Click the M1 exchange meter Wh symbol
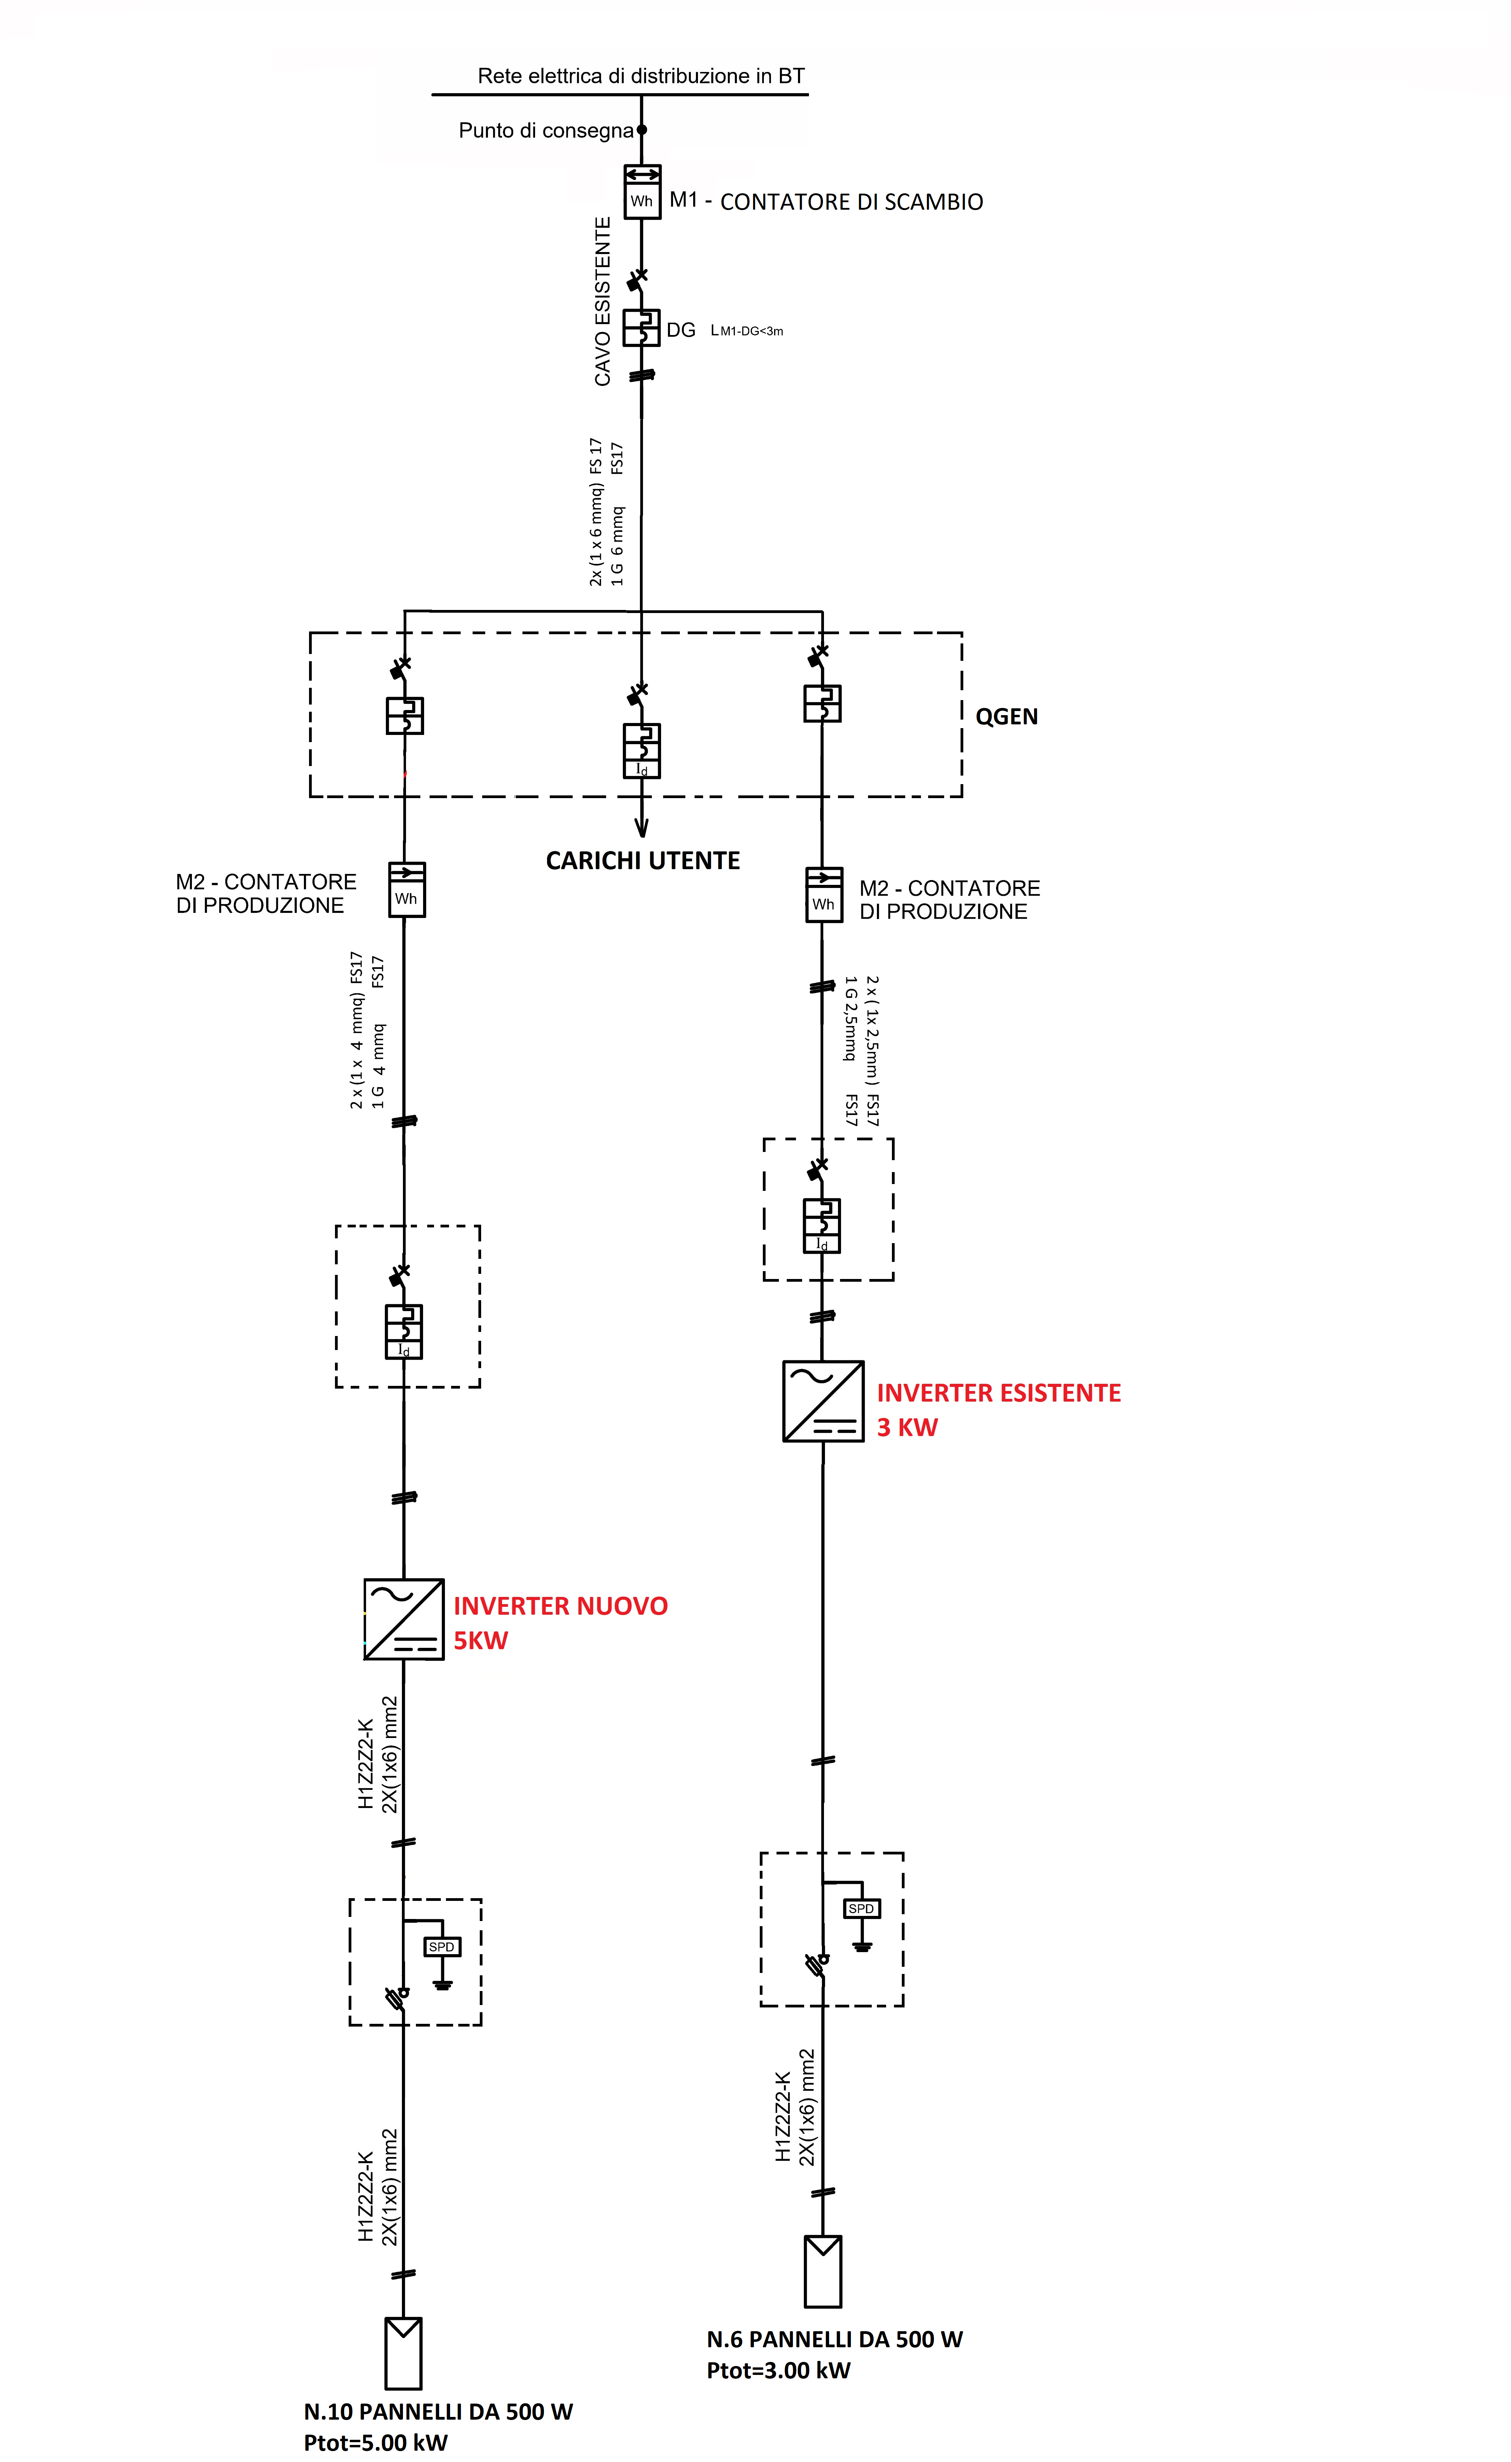pyautogui.click(x=642, y=192)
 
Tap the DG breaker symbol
pyautogui.click(x=642, y=327)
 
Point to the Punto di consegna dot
pyautogui.click(x=642, y=130)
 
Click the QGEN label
pyautogui.click(x=1006, y=717)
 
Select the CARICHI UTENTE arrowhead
pyautogui.click(x=642, y=827)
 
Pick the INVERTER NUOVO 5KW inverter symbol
pyautogui.click(x=404, y=1619)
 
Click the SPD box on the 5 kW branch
pyautogui.click(x=442, y=1946)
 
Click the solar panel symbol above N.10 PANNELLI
pyautogui.click(x=404, y=2353)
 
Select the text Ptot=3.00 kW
pyautogui.click(x=779, y=2370)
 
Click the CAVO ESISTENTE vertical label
pyautogui.click(x=603, y=302)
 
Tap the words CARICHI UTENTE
pyautogui.click(x=643, y=860)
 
